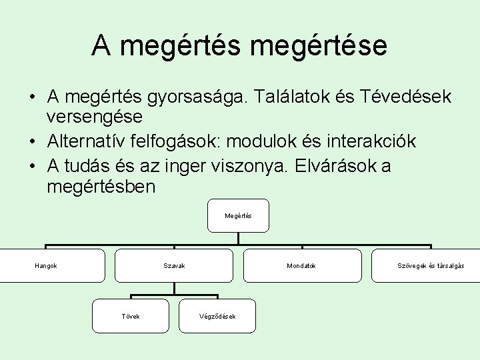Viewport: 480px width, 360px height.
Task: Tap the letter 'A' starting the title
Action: (x=102, y=45)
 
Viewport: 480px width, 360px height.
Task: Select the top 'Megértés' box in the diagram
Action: (x=238, y=215)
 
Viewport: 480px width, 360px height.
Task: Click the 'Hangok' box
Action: (x=46, y=265)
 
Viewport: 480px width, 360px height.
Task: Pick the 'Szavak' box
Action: (x=174, y=265)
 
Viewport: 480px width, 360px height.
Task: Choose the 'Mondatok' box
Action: (x=301, y=265)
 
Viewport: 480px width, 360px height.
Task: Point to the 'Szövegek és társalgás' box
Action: (x=430, y=265)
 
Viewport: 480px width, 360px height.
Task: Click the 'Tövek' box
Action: (x=131, y=316)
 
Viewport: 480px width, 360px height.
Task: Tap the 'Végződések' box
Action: (x=217, y=316)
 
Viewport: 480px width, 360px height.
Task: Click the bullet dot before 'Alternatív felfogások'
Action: (x=32, y=142)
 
